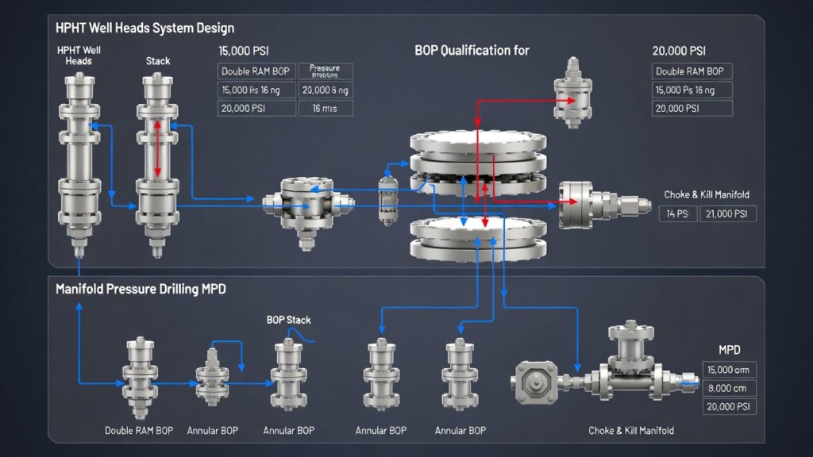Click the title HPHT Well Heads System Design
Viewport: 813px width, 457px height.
(144, 29)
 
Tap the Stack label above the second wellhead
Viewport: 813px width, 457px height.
(158, 60)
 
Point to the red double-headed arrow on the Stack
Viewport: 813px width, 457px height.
(157, 148)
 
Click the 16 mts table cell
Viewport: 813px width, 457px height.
(326, 108)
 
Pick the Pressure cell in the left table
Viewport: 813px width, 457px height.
(324, 71)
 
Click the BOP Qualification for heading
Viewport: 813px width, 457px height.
(472, 51)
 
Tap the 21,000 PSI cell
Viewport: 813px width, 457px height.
(728, 213)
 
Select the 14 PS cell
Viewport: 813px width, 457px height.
(677, 213)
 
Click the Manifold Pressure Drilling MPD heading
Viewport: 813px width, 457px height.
(141, 290)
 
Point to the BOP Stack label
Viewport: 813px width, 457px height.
(288, 321)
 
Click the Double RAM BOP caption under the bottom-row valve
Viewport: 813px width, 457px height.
(140, 431)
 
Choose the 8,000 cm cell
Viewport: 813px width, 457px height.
(730, 388)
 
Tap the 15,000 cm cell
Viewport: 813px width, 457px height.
(730, 370)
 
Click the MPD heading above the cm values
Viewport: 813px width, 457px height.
(730, 350)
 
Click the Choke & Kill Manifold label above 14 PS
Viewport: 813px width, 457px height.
(706, 194)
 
